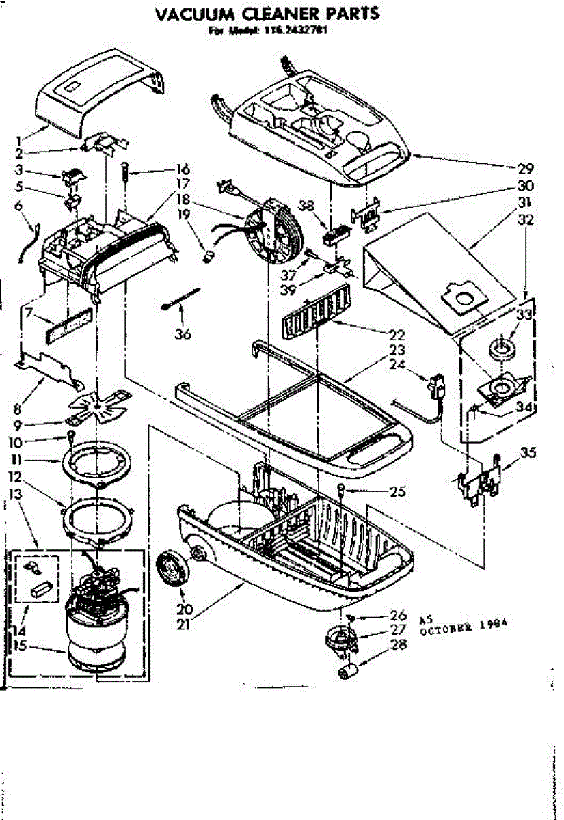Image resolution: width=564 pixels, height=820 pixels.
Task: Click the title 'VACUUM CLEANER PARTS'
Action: [x=267, y=14]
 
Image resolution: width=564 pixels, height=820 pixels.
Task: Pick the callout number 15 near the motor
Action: [x=21, y=644]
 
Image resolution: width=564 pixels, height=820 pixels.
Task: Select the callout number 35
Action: [x=527, y=452]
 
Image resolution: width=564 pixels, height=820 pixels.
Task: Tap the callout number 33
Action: [x=524, y=315]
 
